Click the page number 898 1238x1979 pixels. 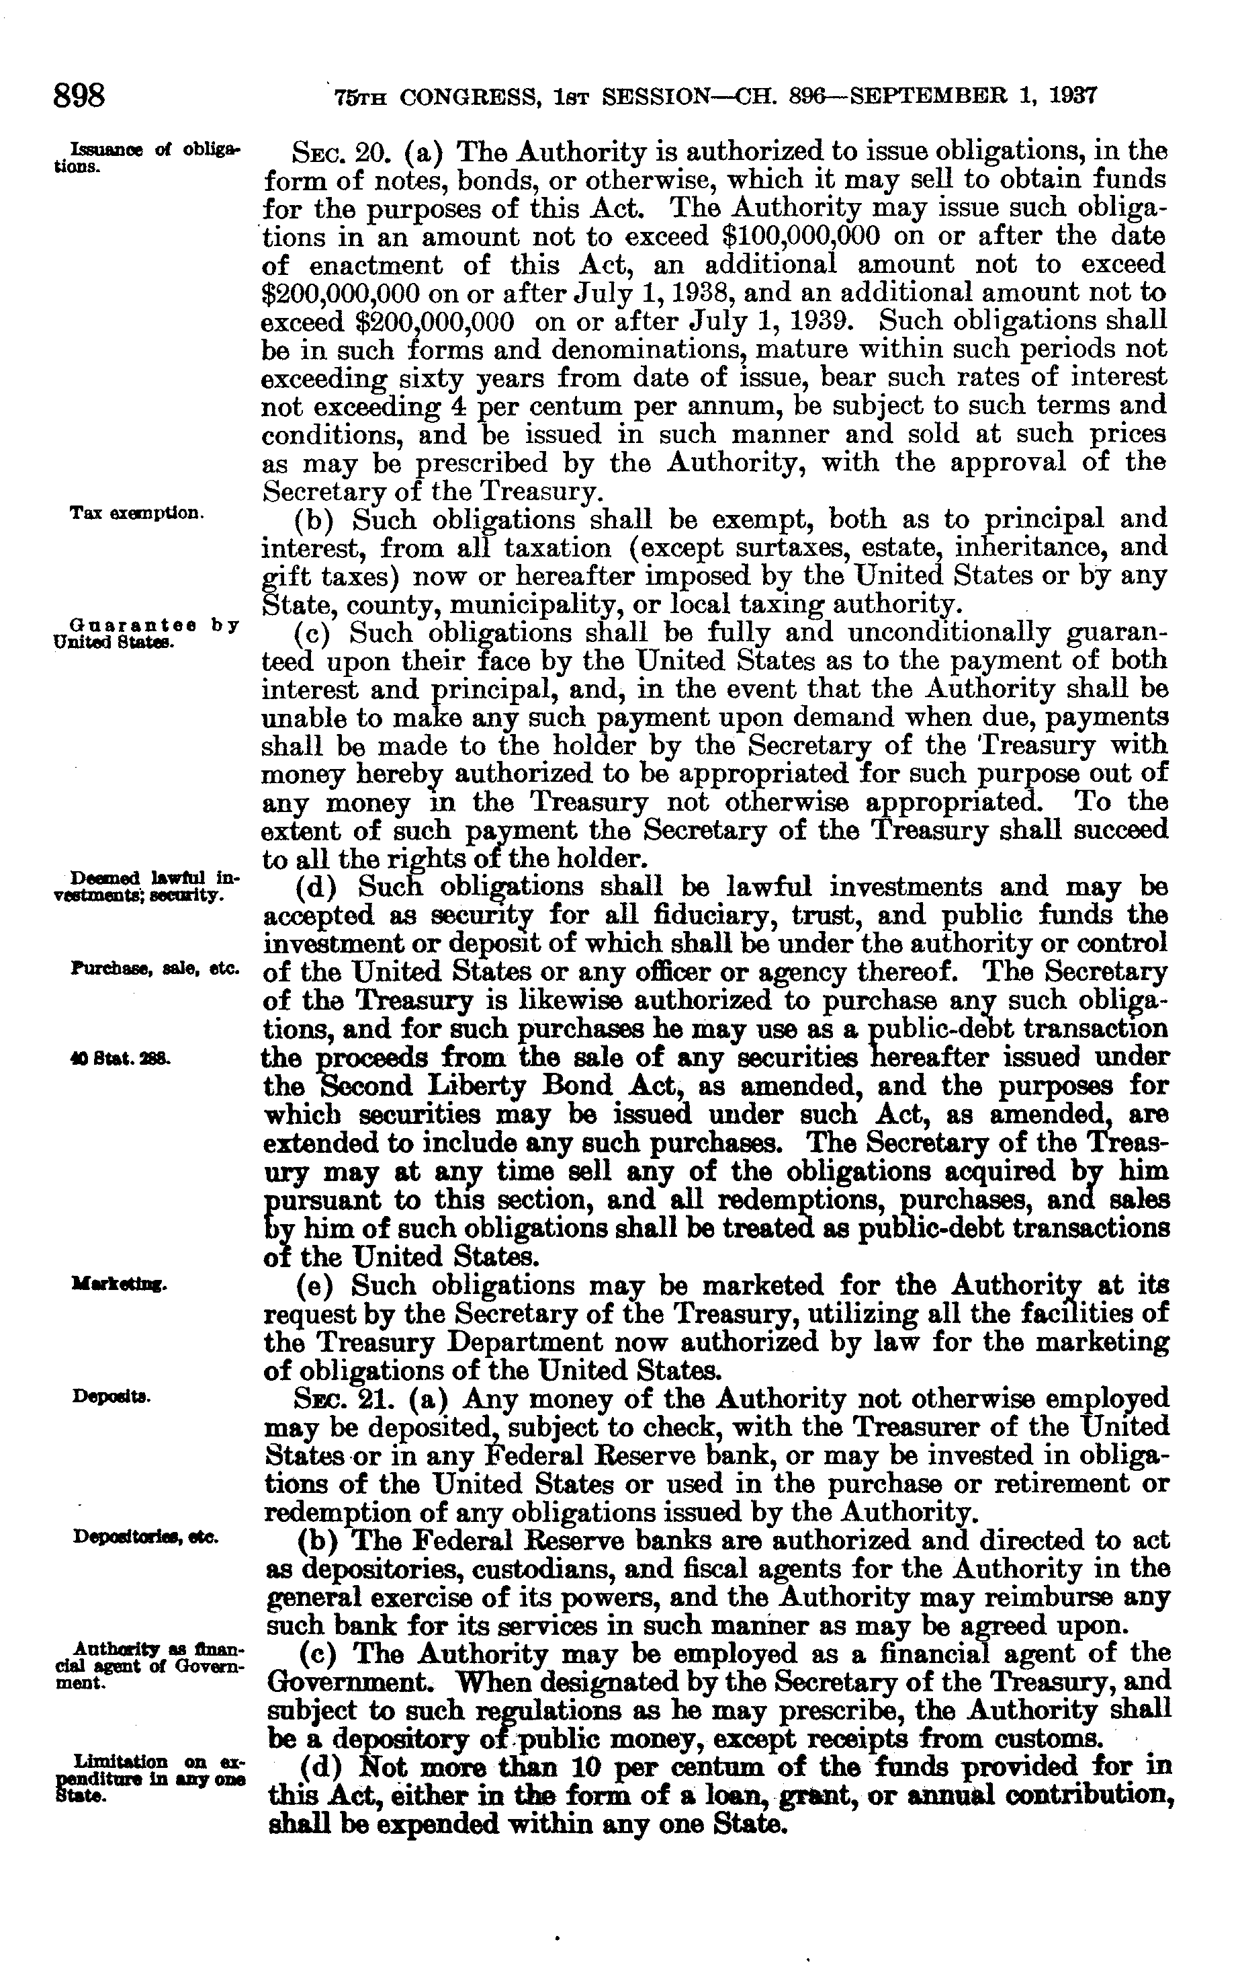tap(79, 97)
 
